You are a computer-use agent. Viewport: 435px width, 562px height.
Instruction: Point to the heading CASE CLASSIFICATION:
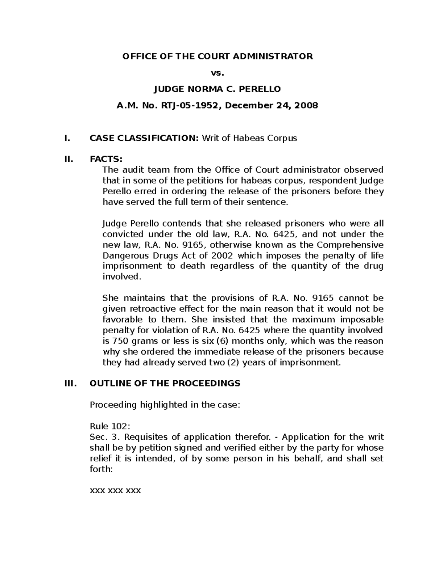click(144, 138)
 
